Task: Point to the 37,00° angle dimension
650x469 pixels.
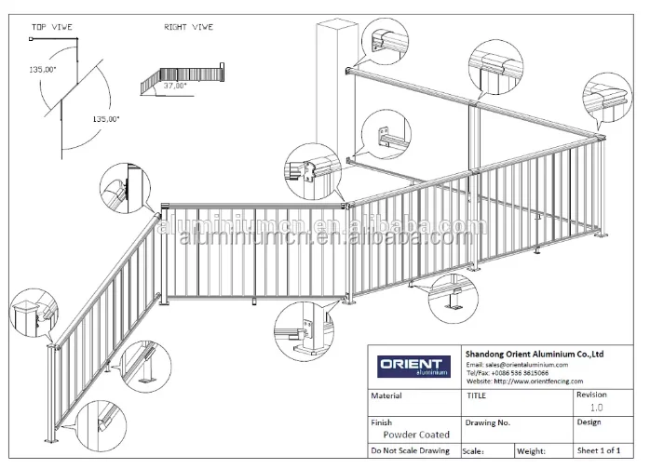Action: coord(175,86)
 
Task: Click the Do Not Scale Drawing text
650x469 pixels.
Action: coord(410,450)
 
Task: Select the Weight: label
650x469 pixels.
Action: coord(532,450)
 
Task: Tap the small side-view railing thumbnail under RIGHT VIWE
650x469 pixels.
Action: coord(183,79)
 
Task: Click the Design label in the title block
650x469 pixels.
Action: coord(589,421)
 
